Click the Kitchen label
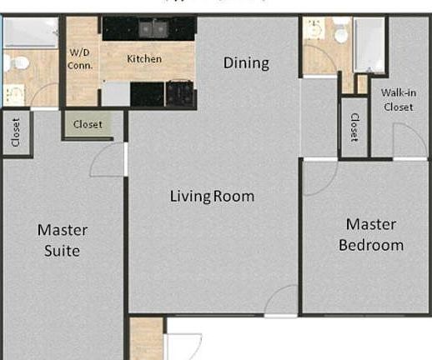(144, 59)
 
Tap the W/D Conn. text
(80, 59)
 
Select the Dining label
(246, 62)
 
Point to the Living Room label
(212, 197)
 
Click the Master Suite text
(63, 240)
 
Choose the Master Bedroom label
(370, 234)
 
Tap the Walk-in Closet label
(398, 99)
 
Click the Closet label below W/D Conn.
(88, 125)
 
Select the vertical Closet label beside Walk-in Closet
(354, 127)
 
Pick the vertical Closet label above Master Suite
(16, 132)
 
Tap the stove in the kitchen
(179, 92)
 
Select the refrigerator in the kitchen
(115, 93)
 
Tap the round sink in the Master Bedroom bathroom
(314, 31)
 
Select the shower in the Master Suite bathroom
(31, 33)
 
